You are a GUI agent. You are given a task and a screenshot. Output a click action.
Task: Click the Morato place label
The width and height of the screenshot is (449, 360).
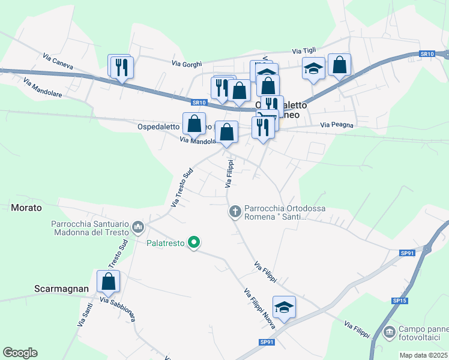26,208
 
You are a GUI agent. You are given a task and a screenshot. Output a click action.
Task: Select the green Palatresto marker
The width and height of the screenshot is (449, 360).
193,242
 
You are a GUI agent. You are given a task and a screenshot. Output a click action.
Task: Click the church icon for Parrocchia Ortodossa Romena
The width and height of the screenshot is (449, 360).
235,211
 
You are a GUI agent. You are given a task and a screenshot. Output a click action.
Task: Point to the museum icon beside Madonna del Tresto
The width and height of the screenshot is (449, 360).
138,226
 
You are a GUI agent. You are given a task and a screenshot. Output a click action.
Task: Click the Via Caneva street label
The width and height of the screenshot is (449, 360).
58,61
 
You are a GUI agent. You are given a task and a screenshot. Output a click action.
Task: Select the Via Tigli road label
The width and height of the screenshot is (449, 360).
304,51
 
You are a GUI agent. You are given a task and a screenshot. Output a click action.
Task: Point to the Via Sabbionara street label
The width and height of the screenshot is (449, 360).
116,308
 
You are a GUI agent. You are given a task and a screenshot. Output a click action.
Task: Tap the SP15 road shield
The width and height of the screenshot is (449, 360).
400,300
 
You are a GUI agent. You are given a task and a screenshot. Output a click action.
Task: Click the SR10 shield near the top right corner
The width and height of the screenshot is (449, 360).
427,54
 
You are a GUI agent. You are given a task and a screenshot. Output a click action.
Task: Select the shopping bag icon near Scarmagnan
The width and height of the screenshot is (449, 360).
108,280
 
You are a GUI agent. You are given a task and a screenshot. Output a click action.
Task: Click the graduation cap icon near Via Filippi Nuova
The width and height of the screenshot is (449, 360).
284,307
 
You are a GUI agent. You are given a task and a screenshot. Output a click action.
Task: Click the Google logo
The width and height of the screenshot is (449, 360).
20,353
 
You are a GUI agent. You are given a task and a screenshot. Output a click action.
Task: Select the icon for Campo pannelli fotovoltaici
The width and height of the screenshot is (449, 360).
390,331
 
